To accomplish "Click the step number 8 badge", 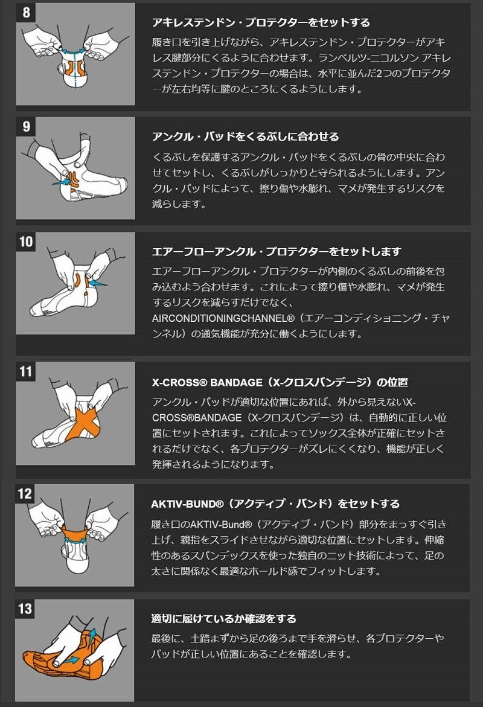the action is [26, 11].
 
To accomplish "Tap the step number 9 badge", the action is [26, 126].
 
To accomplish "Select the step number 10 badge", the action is [26, 241].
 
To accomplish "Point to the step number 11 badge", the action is [26, 371].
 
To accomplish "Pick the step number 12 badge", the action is [25, 493].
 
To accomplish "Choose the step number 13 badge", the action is [25, 608].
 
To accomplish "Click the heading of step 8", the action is [261, 22].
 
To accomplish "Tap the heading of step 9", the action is [245, 136].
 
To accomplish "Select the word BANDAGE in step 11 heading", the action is [236, 382].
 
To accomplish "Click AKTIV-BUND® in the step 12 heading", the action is [187, 504].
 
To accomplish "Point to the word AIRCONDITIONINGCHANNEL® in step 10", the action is [223, 318].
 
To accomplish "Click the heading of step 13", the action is [223, 619].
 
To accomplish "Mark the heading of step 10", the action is [277, 251].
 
